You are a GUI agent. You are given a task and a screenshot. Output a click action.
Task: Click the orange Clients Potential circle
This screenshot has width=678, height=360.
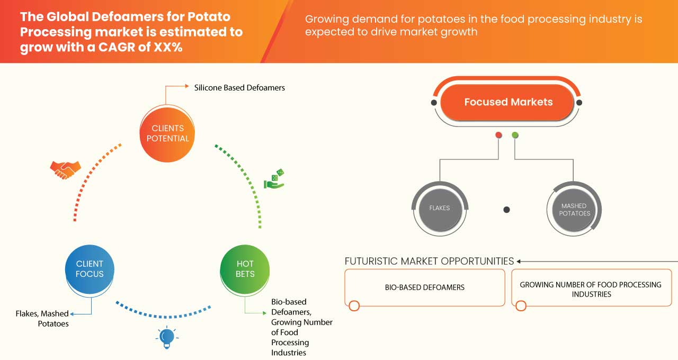click(x=167, y=133)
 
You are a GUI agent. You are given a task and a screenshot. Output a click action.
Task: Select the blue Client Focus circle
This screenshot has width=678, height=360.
click(x=90, y=269)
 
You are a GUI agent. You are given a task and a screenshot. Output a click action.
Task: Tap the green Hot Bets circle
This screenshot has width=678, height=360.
click(x=245, y=269)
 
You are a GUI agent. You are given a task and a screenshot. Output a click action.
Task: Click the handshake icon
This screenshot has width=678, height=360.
click(x=65, y=169)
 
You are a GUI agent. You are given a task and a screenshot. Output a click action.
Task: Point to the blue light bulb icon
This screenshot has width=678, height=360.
click(x=167, y=337)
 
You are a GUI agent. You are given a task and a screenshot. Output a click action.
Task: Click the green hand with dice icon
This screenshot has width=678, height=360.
click(x=274, y=179)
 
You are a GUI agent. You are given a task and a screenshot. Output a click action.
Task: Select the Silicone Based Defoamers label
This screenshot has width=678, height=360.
click(x=239, y=88)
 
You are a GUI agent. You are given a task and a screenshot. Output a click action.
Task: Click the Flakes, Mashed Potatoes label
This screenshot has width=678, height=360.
click(x=42, y=319)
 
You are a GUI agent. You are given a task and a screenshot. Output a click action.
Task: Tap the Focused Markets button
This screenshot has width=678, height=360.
click(x=508, y=102)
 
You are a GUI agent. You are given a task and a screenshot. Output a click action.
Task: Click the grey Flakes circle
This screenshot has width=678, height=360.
click(x=440, y=209)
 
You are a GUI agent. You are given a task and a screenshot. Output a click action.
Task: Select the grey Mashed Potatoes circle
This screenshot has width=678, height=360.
click(x=575, y=210)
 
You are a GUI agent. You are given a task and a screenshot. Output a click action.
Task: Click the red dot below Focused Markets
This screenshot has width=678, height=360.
click(x=498, y=136)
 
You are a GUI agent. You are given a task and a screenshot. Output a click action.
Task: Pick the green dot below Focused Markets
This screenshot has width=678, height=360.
click(x=515, y=136)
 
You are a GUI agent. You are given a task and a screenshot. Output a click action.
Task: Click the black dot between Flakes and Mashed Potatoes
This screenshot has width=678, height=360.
click(x=506, y=210)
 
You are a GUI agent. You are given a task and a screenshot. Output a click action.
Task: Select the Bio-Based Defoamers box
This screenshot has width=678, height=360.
click(x=424, y=287)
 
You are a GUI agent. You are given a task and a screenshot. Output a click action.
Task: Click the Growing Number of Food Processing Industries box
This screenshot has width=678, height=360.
click(x=591, y=289)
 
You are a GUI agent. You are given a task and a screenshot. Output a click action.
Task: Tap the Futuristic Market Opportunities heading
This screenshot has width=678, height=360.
click(x=429, y=261)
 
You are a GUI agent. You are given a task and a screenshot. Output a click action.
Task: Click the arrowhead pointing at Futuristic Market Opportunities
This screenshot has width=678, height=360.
click(x=519, y=261)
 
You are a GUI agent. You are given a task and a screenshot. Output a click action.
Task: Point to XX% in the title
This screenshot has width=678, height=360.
click(x=165, y=47)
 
